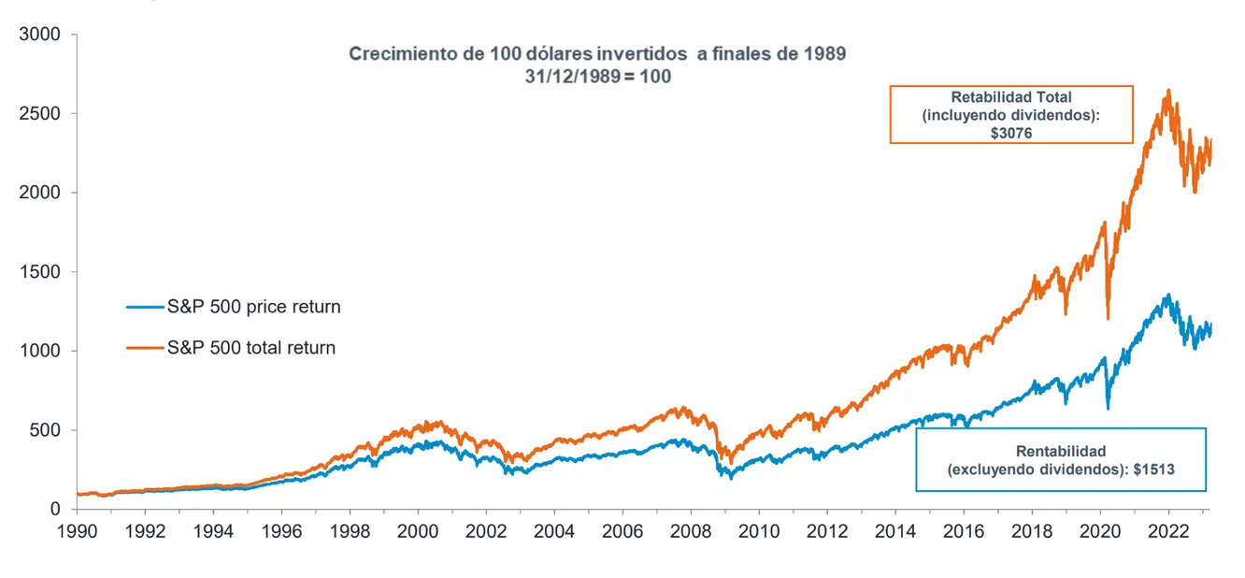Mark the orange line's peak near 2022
click(1168, 91)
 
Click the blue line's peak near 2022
click(1167, 296)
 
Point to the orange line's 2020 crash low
click(1108, 318)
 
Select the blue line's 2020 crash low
click(1108, 408)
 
